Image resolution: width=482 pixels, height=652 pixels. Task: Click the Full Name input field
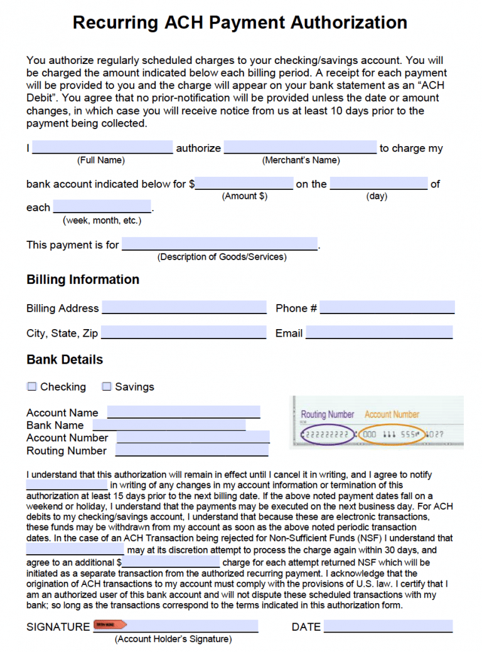point(102,147)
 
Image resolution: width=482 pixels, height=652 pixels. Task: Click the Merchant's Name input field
point(300,147)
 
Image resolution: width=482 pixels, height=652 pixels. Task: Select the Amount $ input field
point(244,183)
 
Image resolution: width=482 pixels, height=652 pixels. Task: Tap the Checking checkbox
point(32,386)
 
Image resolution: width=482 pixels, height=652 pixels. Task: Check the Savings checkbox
point(107,386)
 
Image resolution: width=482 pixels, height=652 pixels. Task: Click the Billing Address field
point(184,307)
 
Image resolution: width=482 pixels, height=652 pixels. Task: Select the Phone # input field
point(387,307)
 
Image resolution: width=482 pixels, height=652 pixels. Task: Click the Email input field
point(379,332)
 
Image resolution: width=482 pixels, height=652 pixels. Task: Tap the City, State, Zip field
point(183,332)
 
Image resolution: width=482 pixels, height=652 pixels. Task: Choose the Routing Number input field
point(191,450)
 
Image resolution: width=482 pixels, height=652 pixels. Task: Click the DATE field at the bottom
point(388,626)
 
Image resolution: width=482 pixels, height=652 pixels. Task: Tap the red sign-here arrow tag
point(110,624)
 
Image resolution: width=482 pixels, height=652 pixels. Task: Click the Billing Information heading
point(83,280)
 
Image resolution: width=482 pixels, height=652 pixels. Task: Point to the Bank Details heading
point(65,360)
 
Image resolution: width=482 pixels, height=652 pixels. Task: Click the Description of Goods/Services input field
point(220,244)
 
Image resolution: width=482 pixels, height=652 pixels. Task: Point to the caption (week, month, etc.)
point(102,220)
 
